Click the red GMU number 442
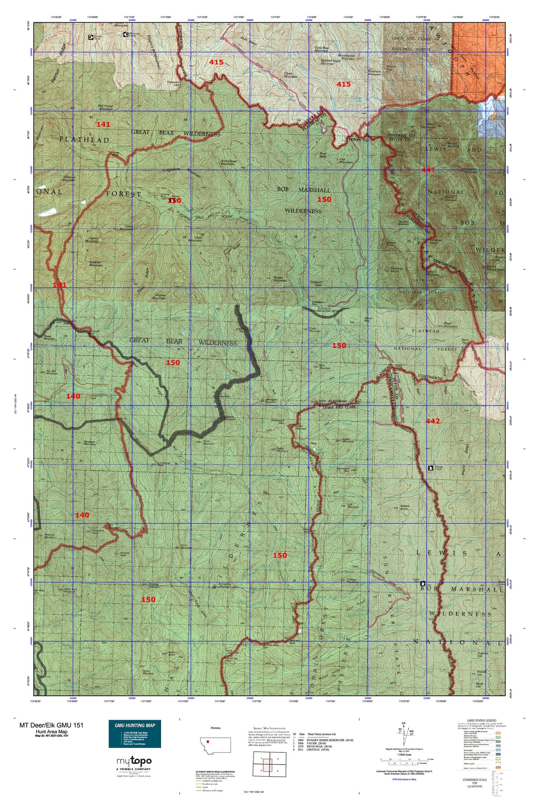433,421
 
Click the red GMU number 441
428,170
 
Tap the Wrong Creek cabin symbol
430,468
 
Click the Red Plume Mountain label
106,107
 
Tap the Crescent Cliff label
174,83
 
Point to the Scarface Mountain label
374,73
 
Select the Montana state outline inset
216,745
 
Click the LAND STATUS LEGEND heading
481,721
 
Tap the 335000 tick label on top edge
191,20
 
